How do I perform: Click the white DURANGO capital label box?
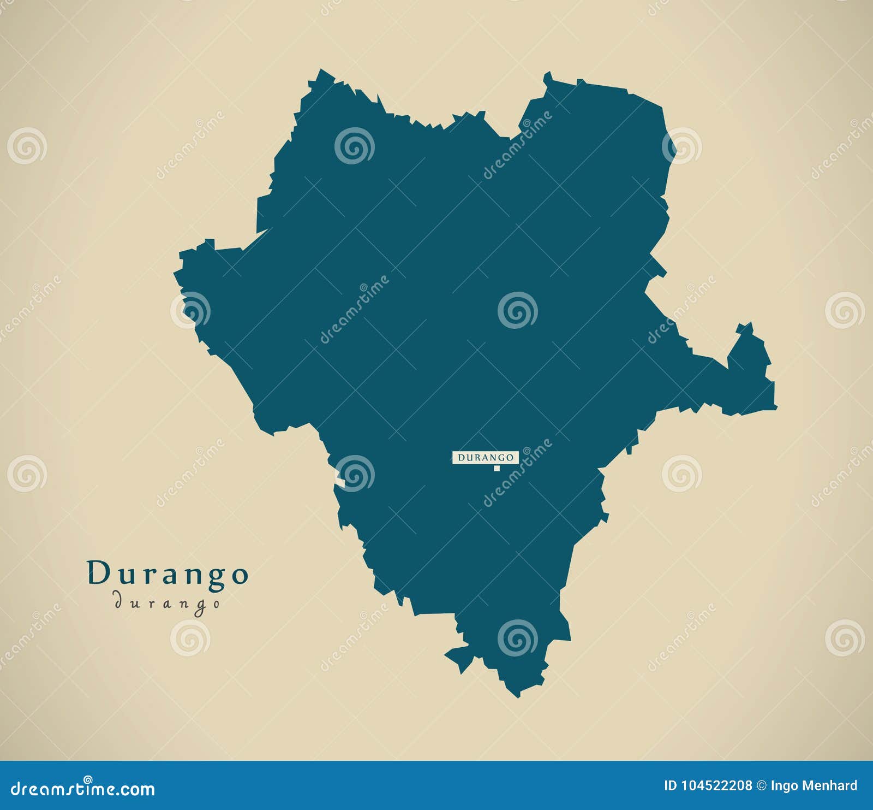485,457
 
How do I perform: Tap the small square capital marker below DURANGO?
497,468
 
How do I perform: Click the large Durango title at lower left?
168,573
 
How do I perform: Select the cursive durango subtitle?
167,603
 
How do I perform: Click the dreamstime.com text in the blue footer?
83,789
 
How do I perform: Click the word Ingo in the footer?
782,786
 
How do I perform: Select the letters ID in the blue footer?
670,786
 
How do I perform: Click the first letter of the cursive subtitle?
117,601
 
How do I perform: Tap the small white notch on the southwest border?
340,482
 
